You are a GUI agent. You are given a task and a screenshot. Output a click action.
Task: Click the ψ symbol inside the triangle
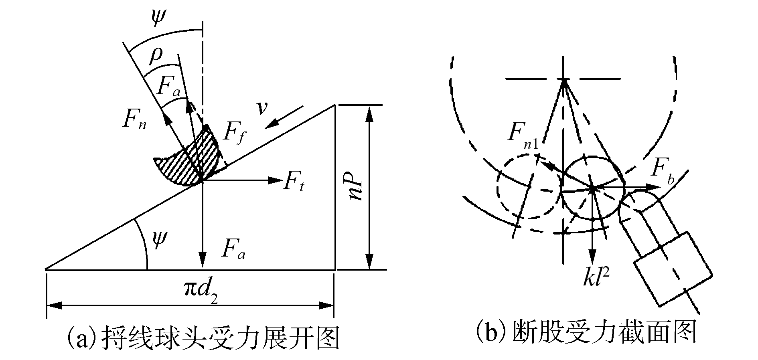159,241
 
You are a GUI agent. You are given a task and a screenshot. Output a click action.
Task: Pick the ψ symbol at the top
158,16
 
